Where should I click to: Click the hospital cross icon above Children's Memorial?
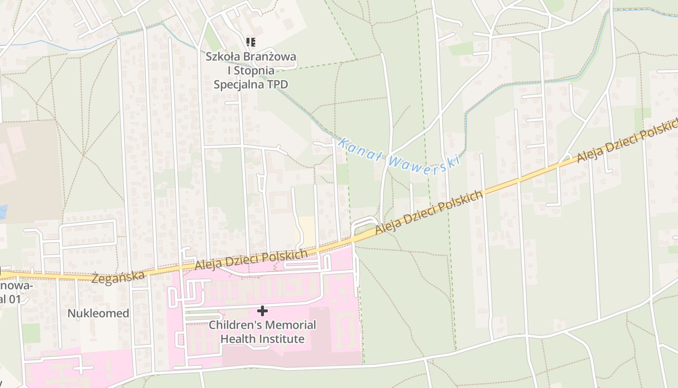pos(262,310)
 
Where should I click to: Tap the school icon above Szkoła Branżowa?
pos(250,43)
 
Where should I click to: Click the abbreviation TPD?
pos(277,84)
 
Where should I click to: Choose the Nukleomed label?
pos(98,313)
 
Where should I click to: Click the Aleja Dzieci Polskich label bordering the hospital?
pos(251,260)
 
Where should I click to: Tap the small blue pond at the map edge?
pos(3,211)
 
